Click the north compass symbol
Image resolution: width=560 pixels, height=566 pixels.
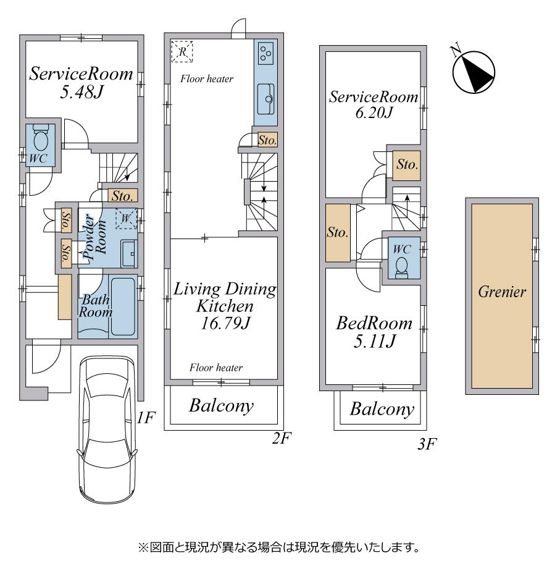point(473,70)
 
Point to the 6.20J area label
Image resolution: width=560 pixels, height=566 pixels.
point(374,113)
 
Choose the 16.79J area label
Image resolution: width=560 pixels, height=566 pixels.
point(225,323)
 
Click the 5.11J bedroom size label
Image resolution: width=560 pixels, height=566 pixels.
point(375,340)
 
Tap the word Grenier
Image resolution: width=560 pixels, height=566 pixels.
point(502,292)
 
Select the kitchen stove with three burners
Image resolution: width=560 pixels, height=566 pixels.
point(265,53)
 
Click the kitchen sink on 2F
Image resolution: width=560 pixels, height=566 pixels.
point(265,99)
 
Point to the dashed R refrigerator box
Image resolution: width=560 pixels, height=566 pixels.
point(182,52)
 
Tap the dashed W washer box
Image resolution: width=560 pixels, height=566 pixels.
point(126,218)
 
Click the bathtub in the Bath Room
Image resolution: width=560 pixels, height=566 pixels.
point(123,306)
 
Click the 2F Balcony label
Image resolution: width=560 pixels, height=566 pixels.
point(221,406)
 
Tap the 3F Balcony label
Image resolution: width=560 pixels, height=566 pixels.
point(382,409)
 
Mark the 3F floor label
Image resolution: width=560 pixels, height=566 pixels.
point(427,444)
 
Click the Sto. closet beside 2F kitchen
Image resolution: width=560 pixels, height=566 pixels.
point(267,140)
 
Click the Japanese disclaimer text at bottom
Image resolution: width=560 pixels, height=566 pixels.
point(280,547)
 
